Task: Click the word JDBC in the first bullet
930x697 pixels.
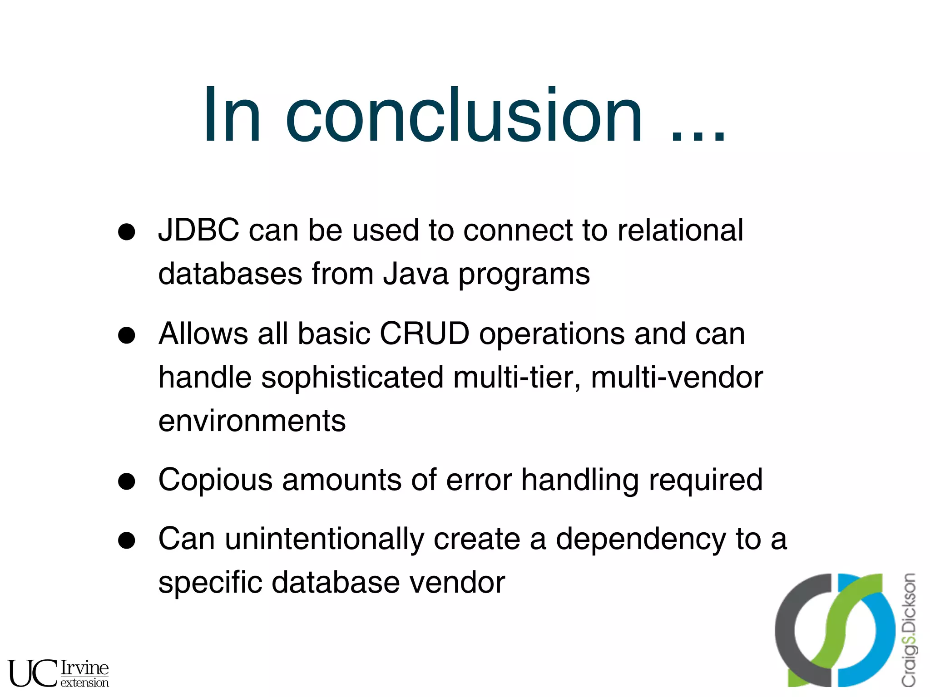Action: [198, 230]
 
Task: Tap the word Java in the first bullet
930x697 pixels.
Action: [415, 274]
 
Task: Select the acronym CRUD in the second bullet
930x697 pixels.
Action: [424, 334]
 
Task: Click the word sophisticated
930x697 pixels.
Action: [352, 378]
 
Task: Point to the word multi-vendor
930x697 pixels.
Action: [677, 378]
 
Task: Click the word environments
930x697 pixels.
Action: [252, 421]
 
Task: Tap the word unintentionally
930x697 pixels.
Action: [324, 539]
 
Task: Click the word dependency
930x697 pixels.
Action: [641, 539]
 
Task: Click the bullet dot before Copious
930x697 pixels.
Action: [127, 481]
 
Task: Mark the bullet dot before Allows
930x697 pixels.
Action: [127, 336]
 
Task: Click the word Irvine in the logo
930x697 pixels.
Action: [84, 668]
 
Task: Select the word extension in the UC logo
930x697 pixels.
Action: [84, 682]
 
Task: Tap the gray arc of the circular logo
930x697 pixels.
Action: [786, 631]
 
